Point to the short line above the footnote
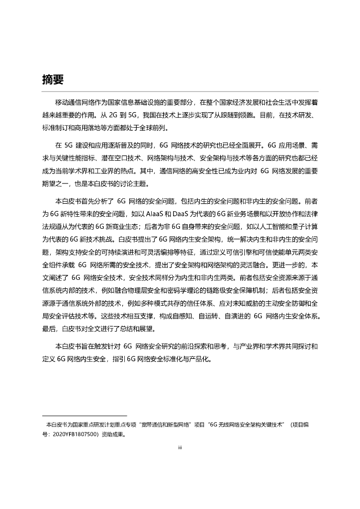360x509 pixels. pos(85,416)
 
